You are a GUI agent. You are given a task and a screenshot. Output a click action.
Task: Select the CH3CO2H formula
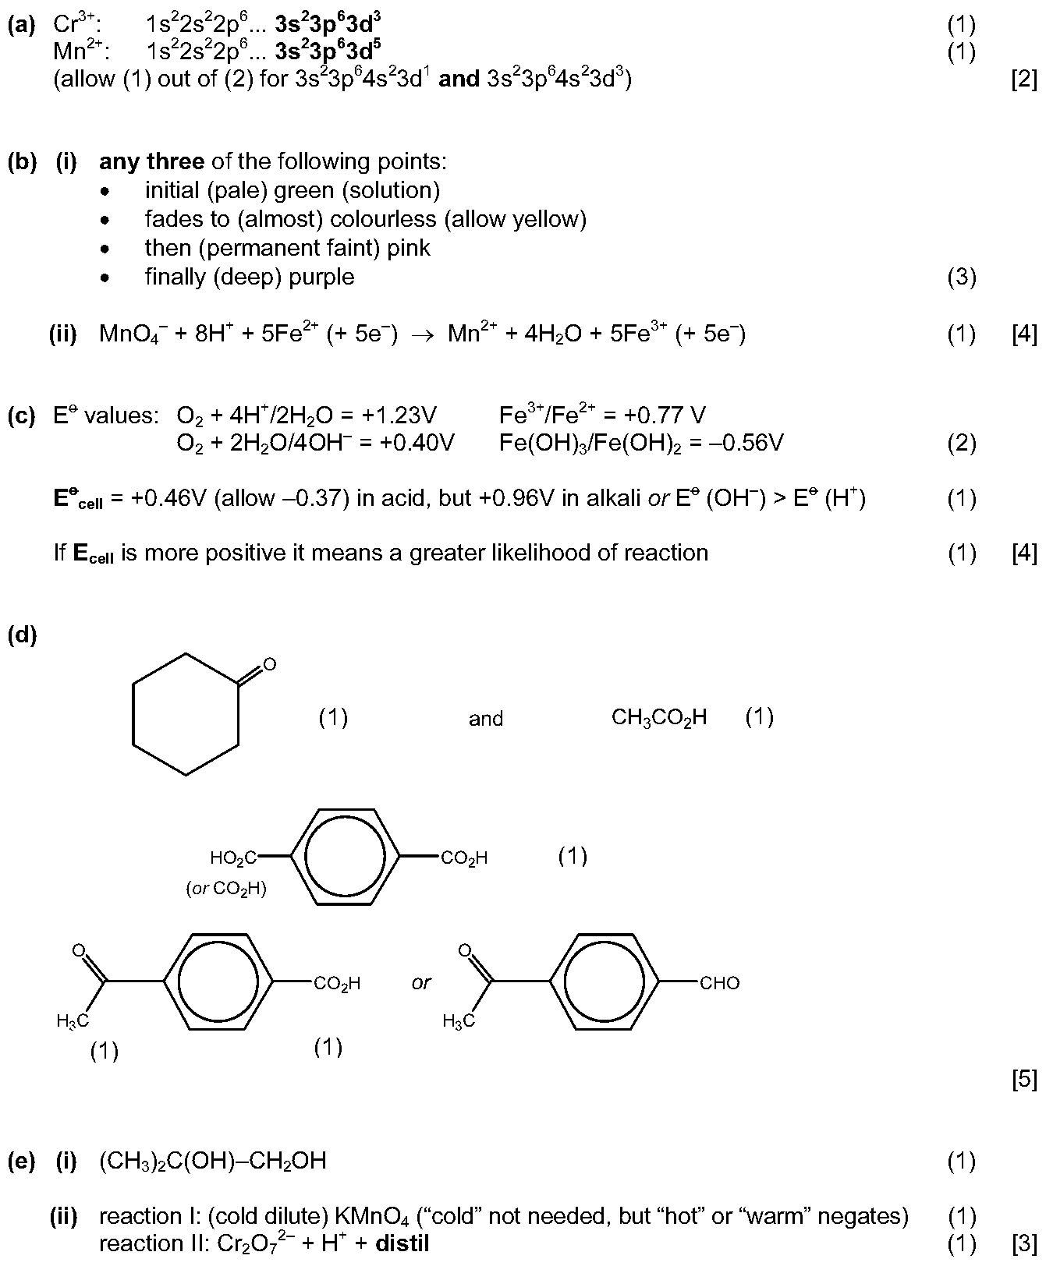point(659,717)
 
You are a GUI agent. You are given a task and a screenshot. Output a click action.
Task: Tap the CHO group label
point(719,984)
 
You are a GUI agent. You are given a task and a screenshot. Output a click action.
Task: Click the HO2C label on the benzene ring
point(233,859)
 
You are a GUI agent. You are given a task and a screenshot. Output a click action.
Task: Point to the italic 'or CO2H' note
point(226,889)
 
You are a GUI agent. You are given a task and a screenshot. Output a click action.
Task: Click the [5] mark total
point(1024,1080)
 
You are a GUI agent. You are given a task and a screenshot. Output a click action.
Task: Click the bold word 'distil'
point(402,1243)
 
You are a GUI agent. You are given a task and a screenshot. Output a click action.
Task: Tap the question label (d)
point(22,635)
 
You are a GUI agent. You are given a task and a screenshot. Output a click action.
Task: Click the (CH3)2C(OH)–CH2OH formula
point(213,1161)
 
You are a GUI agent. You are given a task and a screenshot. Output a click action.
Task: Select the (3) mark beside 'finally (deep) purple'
point(961,278)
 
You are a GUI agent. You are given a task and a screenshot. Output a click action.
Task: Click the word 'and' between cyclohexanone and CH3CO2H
point(486,719)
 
